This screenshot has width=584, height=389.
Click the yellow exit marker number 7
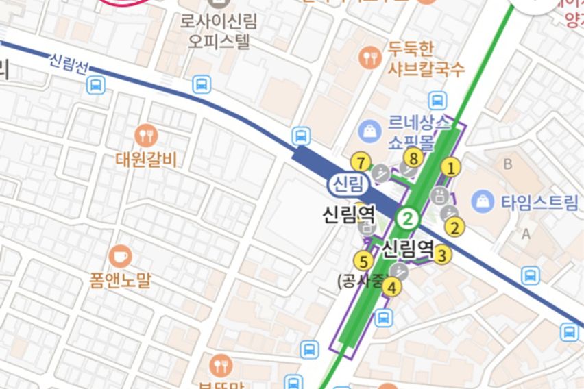(x=360, y=162)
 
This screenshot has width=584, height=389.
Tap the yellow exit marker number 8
(x=412, y=158)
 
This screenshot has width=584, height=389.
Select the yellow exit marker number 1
(x=450, y=166)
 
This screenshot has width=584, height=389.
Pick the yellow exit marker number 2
(x=455, y=227)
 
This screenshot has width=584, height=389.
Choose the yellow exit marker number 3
(x=442, y=255)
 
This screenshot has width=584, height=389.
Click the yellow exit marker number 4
(x=391, y=287)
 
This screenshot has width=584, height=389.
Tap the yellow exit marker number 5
(x=363, y=261)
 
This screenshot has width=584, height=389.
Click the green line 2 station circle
(x=409, y=219)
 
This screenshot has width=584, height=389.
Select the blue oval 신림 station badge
(x=348, y=184)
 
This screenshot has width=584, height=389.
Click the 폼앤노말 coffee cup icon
(x=120, y=255)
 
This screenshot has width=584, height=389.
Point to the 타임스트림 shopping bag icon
(x=483, y=201)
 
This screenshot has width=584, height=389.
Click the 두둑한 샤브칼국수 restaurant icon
(x=370, y=58)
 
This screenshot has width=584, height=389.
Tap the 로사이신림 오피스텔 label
(x=219, y=32)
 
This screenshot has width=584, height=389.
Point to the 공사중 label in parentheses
(x=358, y=280)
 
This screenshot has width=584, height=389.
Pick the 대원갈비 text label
(x=146, y=160)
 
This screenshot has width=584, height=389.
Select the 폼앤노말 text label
(x=120, y=280)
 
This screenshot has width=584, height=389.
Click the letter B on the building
(x=508, y=164)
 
